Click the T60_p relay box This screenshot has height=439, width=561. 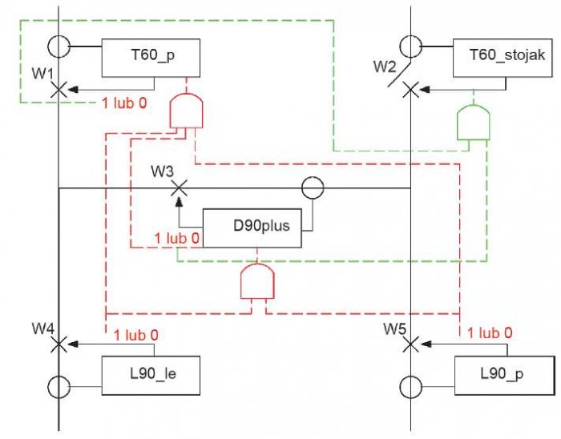(151, 58)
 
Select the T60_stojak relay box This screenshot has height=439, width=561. (502, 58)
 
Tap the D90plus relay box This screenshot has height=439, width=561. (252, 228)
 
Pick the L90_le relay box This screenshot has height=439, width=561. (151, 376)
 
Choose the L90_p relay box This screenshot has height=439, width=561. (504, 376)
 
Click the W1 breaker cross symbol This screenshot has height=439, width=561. (59, 90)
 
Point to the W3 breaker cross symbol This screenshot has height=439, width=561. (179, 188)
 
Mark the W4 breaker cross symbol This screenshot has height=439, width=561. (59, 344)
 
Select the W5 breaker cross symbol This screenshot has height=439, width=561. (410, 344)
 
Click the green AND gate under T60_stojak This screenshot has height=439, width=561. (474, 123)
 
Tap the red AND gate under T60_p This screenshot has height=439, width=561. (186, 111)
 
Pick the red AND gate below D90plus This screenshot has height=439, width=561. (257, 281)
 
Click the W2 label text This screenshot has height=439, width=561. (385, 66)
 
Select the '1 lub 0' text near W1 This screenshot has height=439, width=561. (124, 103)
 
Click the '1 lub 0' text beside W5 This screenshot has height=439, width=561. (490, 333)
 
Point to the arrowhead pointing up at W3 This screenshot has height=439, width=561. (180, 203)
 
